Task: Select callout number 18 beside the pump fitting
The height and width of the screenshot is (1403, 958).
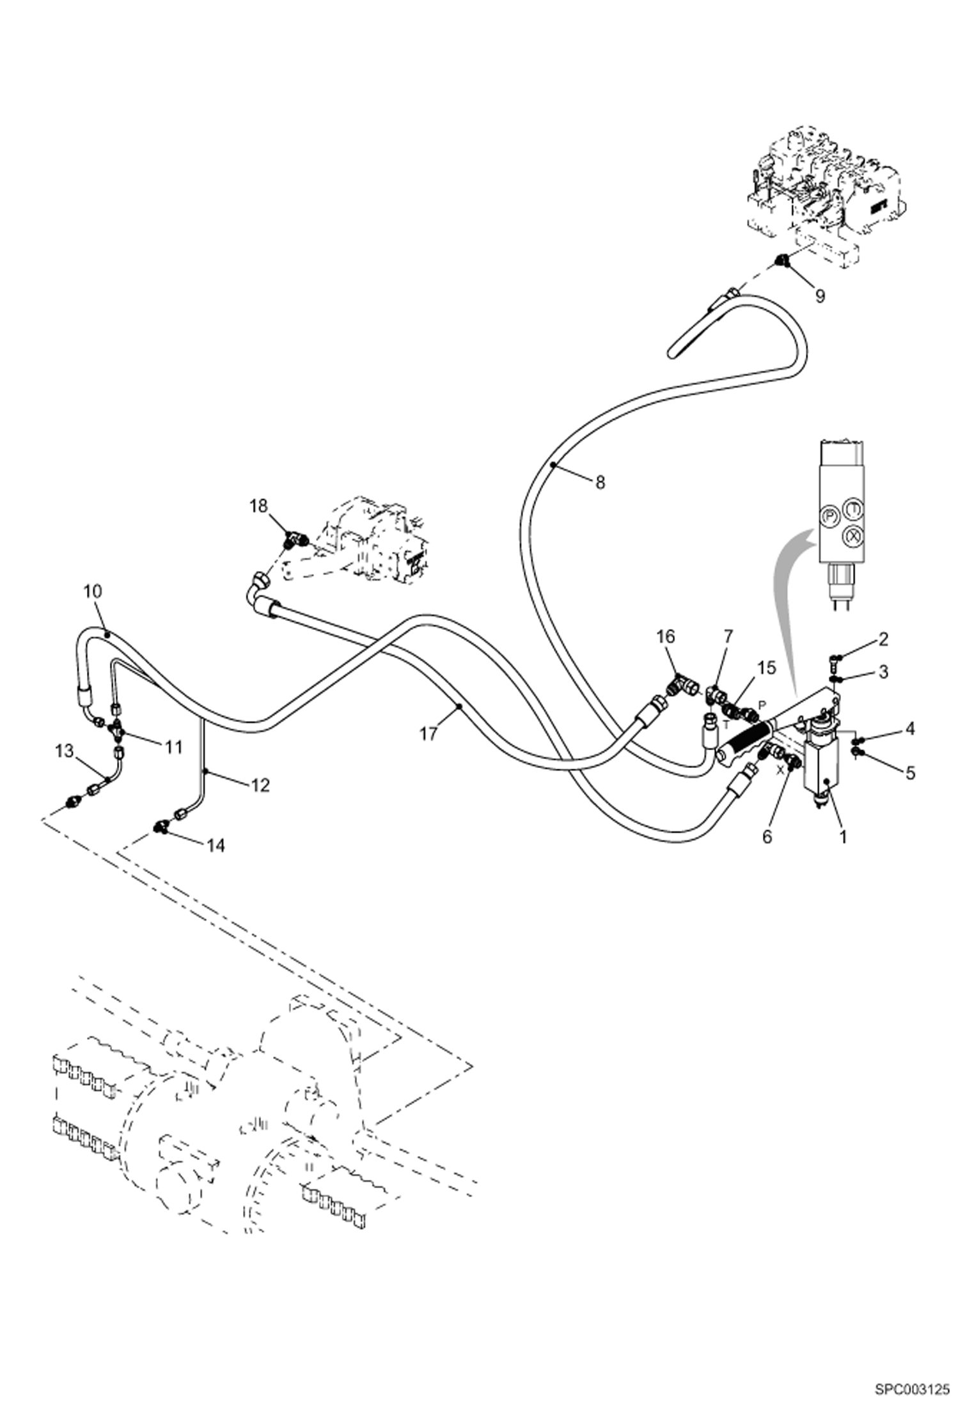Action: pos(258,506)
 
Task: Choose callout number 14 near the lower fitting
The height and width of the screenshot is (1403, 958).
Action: pos(216,845)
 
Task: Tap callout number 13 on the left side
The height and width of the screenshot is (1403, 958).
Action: pos(65,751)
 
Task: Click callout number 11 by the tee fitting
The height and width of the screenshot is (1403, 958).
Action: pos(174,746)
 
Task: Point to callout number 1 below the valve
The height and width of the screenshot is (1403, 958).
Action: pos(843,836)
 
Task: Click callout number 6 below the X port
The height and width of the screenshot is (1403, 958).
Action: pos(767,836)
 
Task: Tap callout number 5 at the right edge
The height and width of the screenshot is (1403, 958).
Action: pos(910,773)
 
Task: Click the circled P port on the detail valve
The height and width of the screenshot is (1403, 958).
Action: pos(829,515)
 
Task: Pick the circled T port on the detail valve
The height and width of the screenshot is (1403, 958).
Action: pos(852,509)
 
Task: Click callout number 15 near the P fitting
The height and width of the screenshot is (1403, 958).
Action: pos(766,668)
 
